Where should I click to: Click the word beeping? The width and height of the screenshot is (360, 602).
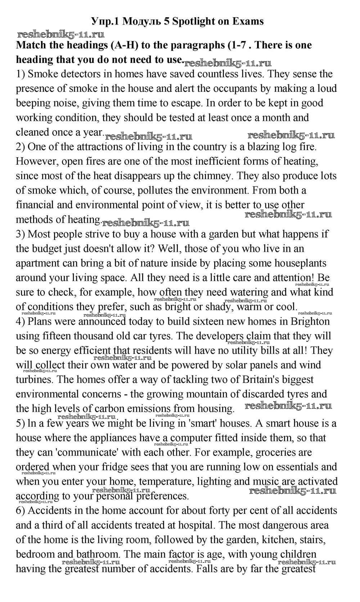[x=35, y=103]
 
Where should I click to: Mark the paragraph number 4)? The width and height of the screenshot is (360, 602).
[x=21, y=321]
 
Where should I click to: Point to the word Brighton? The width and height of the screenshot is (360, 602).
[x=310, y=321]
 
